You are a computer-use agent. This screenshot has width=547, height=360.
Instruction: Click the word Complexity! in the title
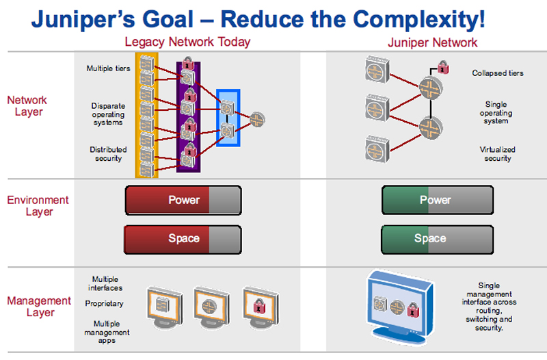pos(418,20)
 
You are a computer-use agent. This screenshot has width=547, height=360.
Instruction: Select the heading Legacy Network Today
pos(187,42)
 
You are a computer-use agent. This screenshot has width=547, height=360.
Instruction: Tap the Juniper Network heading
pos(433,42)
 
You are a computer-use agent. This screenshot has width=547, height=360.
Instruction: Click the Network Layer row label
pos(27,106)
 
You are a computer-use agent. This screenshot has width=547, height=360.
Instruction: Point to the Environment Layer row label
pos(38,205)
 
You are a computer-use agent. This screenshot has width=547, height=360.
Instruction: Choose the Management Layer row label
pos(39,306)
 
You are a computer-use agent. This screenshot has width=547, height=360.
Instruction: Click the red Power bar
pos(183,200)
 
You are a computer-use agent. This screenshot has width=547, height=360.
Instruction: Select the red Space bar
pos(183,240)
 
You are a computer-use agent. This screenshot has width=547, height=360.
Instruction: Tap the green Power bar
pos(438,200)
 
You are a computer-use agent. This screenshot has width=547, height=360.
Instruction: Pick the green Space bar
pos(437,240)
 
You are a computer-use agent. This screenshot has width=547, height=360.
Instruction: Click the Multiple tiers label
pos(109,68)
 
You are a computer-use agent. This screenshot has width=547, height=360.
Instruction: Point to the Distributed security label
pos(108,154)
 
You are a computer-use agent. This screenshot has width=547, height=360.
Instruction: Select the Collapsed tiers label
pos(498,73)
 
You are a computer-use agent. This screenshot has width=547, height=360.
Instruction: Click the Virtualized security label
pos(498,154)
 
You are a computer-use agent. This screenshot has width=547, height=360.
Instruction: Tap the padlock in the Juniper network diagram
pos(443,67)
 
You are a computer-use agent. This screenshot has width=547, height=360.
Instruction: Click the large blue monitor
pos(401,307)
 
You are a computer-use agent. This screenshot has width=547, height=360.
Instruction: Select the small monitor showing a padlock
pos(261,307)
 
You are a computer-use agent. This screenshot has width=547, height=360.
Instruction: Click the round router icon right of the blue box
pos(258,120)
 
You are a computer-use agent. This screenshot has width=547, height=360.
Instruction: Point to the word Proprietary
pos(105,304)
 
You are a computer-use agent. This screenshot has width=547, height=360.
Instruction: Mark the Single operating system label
pos(496,112)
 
